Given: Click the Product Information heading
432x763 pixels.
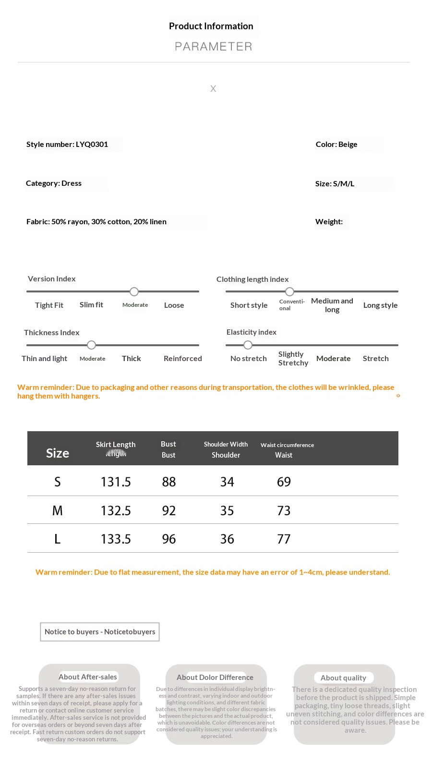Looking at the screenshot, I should point(211,26).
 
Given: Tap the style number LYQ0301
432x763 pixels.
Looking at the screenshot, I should point(67,145).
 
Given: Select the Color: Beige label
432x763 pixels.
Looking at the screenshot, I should point(336,145).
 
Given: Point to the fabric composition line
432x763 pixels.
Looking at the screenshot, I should point(96,222).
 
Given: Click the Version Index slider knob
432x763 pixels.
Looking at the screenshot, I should point(134,291).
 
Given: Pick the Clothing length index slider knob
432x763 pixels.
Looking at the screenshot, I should point(289,291).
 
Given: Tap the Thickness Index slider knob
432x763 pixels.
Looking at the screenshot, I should point(92,345).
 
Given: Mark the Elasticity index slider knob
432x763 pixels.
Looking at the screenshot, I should point(248,345).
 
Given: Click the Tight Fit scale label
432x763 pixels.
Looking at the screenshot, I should point(49,305).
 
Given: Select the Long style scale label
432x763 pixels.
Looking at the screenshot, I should point(380,305).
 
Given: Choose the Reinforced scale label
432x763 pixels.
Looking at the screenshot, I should point(182,359).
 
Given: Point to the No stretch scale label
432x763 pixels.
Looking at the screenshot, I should point(248,359).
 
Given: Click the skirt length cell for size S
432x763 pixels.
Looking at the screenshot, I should point(116,482).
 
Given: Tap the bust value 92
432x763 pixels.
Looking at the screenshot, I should point(169,511).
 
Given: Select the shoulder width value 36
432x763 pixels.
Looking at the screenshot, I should point(227,539).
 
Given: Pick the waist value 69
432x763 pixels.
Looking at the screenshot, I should point(284,482).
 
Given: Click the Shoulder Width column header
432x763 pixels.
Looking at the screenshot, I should point(226,445).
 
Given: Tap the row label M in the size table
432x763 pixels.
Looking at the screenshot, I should point(57,511).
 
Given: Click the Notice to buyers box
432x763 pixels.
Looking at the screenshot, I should point(100,632).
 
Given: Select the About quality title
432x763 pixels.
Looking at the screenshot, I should point(343,678).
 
